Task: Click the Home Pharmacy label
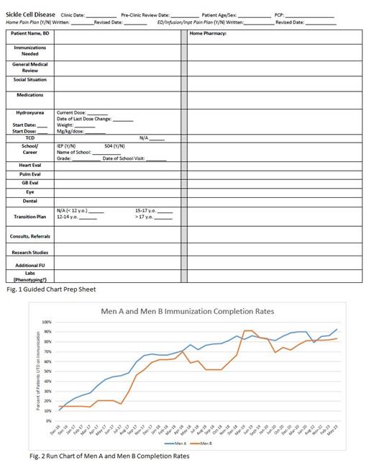[x=208, y=34]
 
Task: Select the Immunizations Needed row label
[x=30, y=50]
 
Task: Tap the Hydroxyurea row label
[x=30, y=112]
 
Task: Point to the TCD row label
[x=30, y=138]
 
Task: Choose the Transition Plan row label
[x=30, y=217]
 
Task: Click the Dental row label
[x=30, y=201]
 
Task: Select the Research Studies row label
[x=30, y=252]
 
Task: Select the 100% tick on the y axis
[x=47, y=323]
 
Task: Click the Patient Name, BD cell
[x=30, y=34]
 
